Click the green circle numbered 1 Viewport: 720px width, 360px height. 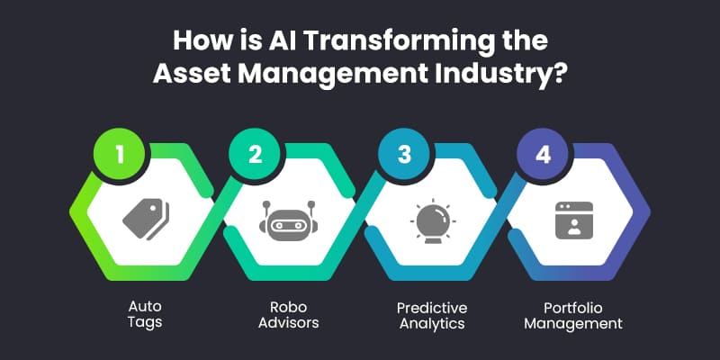tap(120, 154)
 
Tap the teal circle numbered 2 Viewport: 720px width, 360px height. tap(255, 154)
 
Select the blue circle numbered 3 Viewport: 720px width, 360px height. tap(404, 154)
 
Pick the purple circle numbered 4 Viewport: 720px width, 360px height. tap(543, 154)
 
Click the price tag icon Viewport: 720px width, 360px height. tap(146, 219)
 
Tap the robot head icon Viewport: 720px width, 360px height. tap(288, 220)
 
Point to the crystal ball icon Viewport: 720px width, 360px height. tap(433, 220)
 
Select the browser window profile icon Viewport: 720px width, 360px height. tap(574, 220)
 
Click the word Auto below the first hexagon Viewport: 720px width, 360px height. tap(145, 307)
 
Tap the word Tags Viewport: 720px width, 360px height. tap(145, 322)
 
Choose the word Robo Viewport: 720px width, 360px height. tap(288, 307)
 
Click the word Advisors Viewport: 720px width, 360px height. tap(288, 322)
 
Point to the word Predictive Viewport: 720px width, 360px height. tap(432, 307)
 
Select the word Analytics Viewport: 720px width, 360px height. tap(432, 323)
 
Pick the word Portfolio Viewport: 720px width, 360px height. tap(573, 307)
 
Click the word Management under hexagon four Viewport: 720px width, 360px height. tap(573, 324)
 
